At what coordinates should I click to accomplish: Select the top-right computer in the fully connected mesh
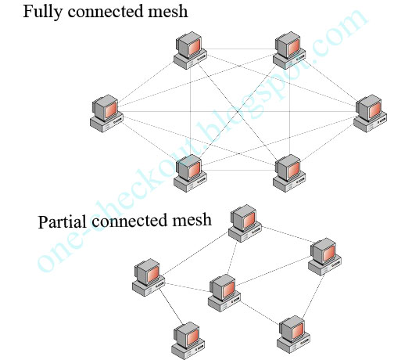pyautogui.click(x=287, y=49)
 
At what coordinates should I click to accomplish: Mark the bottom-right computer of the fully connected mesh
pyautogui.click(x=288, y=173)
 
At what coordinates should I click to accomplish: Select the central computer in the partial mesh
pyautogui.click(x=224, y=292)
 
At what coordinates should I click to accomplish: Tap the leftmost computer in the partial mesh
pyautogui.click(x=149, y=278)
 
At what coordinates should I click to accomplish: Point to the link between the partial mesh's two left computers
pyautogui.click(x=169, y=308)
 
